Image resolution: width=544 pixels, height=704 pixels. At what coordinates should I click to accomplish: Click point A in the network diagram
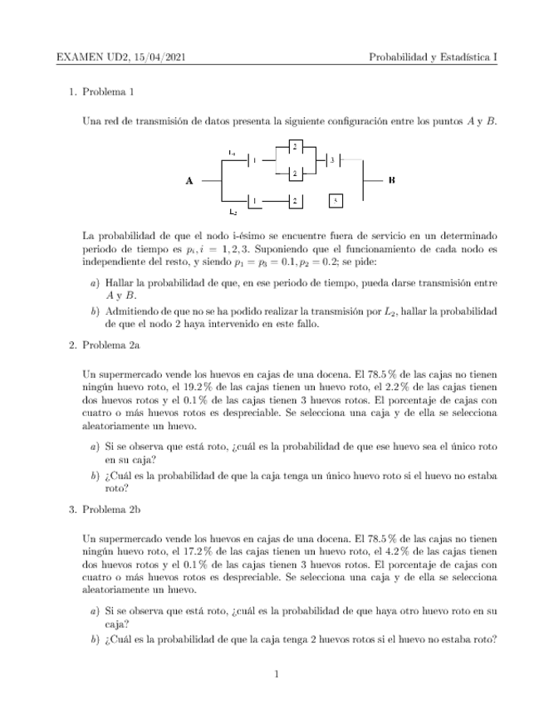[x=190, y=180]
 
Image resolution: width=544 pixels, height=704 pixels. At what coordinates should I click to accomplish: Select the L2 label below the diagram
[x=233, y=213]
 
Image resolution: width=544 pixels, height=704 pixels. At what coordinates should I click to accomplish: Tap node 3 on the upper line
[x=332, y=159]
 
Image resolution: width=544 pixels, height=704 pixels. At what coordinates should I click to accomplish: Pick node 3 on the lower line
[x=334, y=200]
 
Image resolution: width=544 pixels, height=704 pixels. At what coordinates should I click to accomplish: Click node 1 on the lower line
[x=255, y=200]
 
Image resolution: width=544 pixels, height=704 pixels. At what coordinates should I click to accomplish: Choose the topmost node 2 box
[x=294, y=147]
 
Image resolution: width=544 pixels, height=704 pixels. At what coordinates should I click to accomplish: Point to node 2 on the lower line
[x=294, y=200]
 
